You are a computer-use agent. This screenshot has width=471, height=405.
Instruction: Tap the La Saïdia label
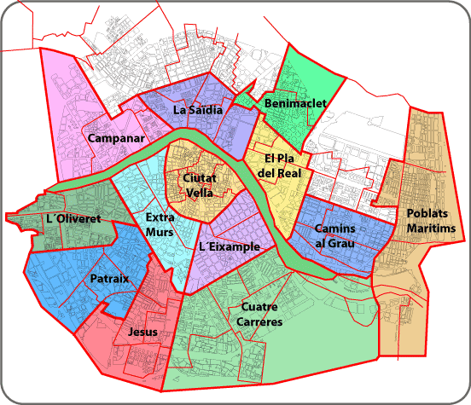(198, 110)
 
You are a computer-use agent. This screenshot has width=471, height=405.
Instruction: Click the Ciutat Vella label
(199, 185)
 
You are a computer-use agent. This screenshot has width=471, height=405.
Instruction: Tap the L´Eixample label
(229, 246)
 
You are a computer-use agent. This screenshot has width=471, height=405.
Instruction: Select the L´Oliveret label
(74, 219)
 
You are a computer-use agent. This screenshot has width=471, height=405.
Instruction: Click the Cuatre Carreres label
(262, 315)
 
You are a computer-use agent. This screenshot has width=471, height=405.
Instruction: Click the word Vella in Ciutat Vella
(199, 193)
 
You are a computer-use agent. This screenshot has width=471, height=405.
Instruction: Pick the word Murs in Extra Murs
(160, 232)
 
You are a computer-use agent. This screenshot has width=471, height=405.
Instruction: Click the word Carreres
(262, 322)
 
